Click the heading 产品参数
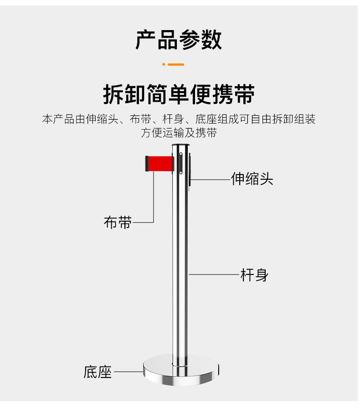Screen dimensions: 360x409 click(x=179, y=40)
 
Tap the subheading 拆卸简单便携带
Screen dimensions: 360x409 click(x=179, y=94)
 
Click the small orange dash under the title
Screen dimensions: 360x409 click(x=175, y=64)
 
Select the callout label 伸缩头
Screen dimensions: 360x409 click(x=252, y=179)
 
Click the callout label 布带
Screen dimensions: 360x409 click(x=118, y=223)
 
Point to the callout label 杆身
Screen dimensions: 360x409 click(x=254, y=275)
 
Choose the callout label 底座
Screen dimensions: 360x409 click(x=98, y=372)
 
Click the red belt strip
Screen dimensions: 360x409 click(x=161, y=163)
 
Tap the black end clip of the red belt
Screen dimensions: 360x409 click(x=147, y=164)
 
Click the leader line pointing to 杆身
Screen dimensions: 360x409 click(x=214, y=274)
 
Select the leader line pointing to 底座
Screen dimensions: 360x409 click(x=129, y=372)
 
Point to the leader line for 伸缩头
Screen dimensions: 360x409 click(x=211, y=180)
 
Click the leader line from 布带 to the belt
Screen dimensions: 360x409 click(x=154, y=201)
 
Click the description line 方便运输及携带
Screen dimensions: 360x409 click(x=179, y=133)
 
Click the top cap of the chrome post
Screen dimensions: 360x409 click(x=181, y=146)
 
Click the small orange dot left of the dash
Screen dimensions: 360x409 click(x=164, y=64)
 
